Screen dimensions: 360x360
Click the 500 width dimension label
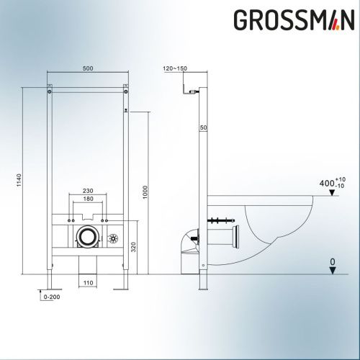(x=87, y=69)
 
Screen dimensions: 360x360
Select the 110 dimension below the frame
(x=87, y=283)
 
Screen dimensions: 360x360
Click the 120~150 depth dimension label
(x=174, y=69)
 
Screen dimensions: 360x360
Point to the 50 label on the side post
(x=204, y=127)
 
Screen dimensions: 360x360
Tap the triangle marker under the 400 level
(x=330, y=194)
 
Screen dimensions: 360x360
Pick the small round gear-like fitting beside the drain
(x=112, y=238)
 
